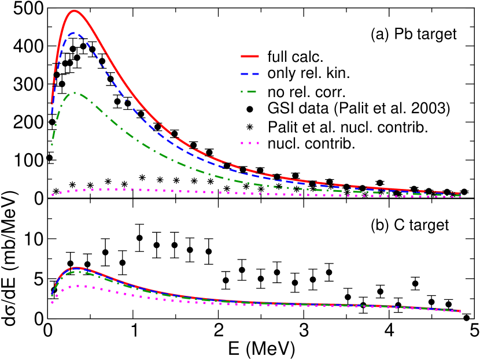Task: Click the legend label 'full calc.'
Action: point(294,57)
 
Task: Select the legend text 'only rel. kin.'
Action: point(309,74)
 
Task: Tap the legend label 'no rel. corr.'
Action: point(306,92)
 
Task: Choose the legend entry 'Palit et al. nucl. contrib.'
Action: point(348,127)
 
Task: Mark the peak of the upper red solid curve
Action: point(74,10)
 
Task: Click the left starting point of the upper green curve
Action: point(51,144)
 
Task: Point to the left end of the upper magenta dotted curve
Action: point(52,195)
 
